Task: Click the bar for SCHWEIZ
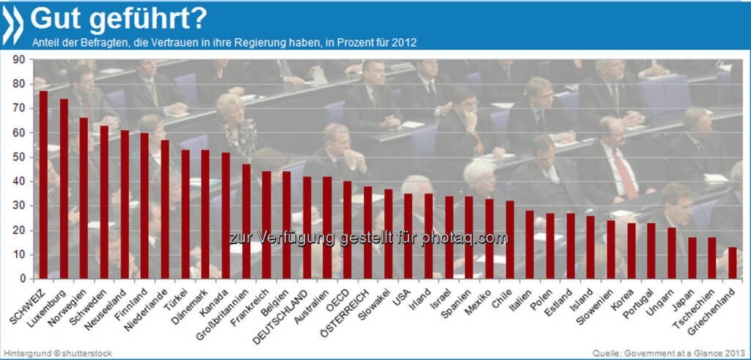[x=43, y=185]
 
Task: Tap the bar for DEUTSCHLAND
[x=307, y=227]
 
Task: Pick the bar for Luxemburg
[x=64, y=188]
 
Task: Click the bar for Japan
[x=691, y=257]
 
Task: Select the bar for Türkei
[x=185, y=214]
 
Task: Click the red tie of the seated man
[x=625, y=174]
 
